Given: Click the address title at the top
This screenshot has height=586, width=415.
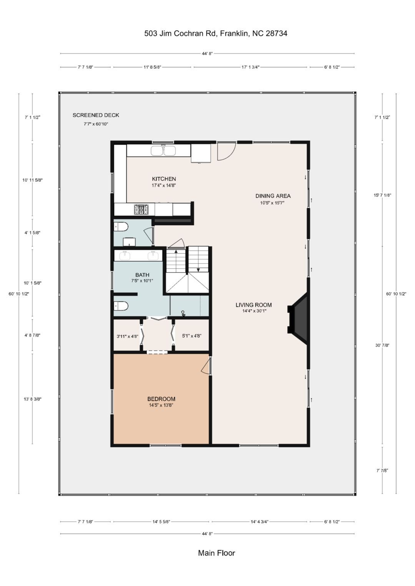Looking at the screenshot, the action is coord(216,33).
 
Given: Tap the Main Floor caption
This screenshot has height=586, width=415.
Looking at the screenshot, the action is coord(216,553).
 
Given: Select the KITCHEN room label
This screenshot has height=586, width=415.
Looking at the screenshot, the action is coord(164,179).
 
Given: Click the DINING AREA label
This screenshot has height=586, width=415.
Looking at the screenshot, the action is coord(273,196).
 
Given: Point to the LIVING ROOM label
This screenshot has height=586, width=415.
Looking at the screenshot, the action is coord(254,305).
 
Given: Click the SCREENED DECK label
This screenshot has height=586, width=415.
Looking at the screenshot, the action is coord(96,115).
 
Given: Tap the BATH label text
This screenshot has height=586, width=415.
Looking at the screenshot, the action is coord(142,275).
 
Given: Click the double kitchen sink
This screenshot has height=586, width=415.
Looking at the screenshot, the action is coord(164,150).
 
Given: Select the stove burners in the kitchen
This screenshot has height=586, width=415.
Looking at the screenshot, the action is coord(141,210).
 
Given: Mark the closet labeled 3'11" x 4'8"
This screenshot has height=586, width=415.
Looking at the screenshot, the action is coord(127,336).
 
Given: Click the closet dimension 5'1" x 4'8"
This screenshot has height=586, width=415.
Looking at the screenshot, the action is coord(192,336).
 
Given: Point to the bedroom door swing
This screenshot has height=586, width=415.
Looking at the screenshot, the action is coord(206,366).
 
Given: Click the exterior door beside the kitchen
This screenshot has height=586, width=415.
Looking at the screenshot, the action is coord(227,151).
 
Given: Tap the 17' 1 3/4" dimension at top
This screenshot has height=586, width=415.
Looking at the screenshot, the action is coord(251,67).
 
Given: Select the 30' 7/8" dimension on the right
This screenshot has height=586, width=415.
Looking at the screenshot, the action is coord(382,345).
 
